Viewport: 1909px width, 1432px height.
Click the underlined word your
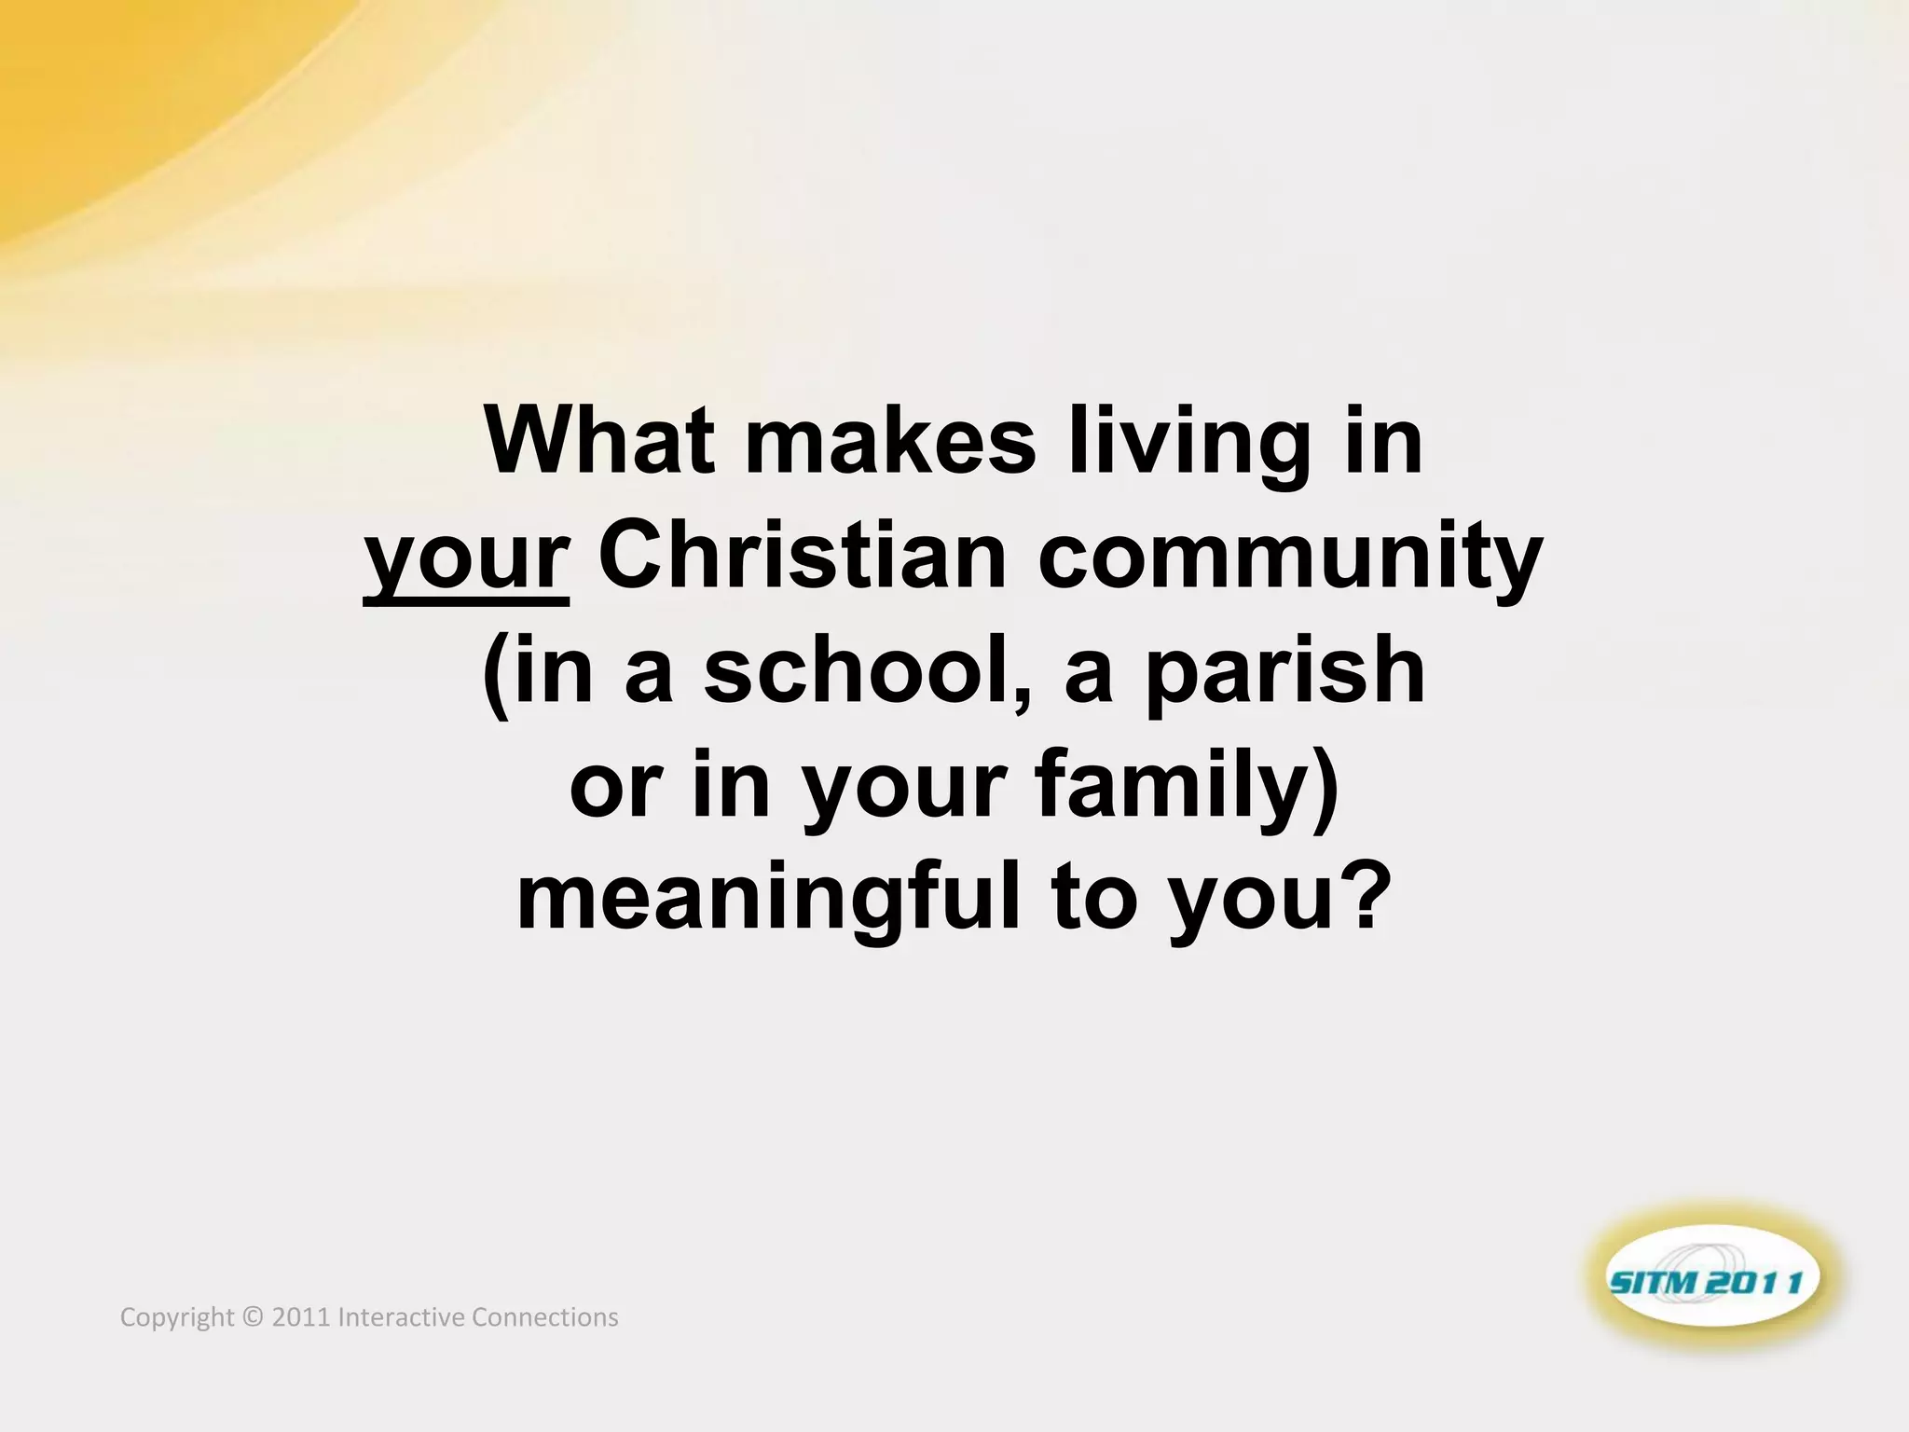(x=466, y=559)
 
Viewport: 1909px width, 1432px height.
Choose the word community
(x=1290, y=559)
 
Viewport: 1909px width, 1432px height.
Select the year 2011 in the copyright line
(x=301, y=1317)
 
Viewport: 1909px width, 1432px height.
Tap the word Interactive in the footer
(x=402, y=1317)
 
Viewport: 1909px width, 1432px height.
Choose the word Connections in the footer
(x=545, y=1317)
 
